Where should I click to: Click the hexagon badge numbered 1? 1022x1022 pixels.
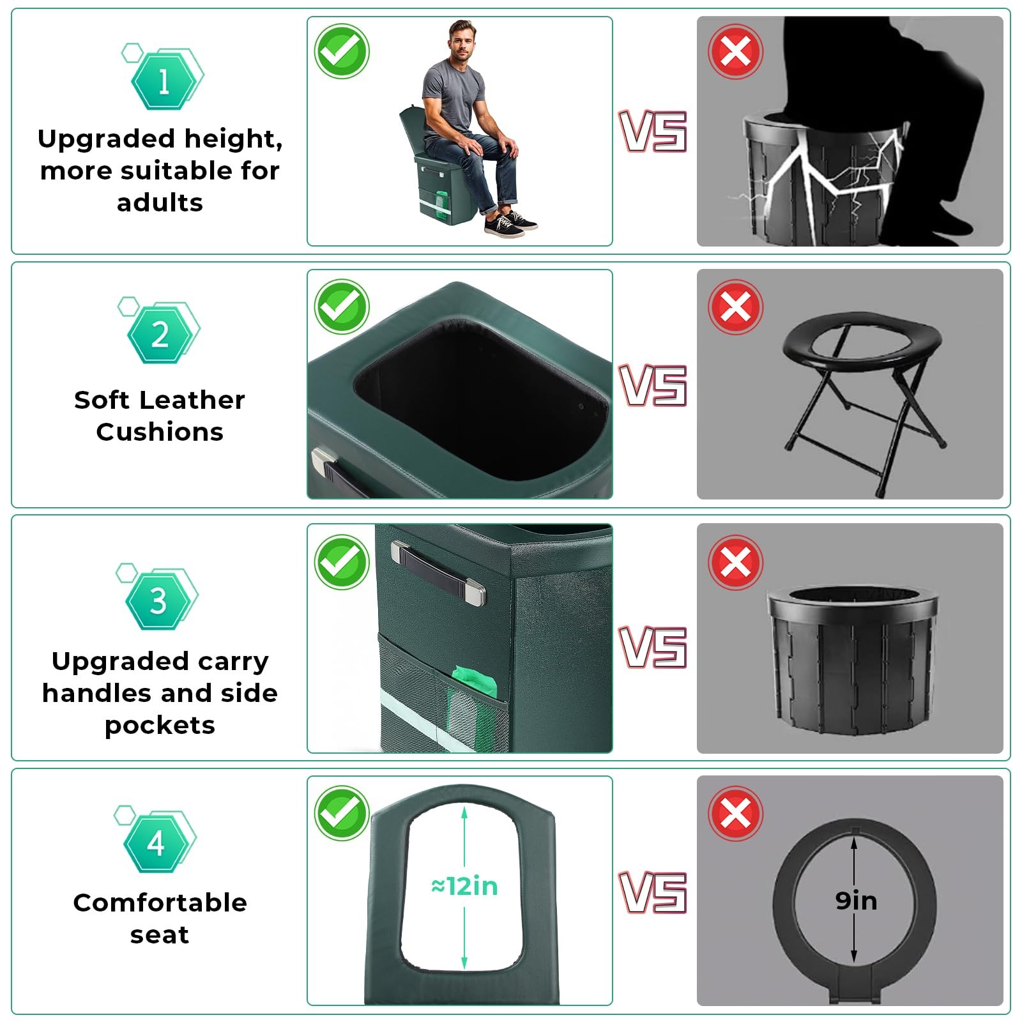164,80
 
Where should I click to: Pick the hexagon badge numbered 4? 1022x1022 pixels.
156,844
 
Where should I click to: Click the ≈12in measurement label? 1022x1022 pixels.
464,886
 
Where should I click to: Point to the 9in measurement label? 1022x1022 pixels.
856,901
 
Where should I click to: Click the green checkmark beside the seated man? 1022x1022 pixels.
342,51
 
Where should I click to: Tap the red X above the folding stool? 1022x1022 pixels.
735,307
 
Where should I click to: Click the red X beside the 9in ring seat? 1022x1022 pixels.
735,814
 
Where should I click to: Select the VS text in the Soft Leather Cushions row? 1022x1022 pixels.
653,385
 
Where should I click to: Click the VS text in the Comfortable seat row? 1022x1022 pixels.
653,892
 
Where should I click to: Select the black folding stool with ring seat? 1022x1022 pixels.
864,402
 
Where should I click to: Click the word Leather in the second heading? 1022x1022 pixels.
191,400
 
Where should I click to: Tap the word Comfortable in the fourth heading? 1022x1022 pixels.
160,903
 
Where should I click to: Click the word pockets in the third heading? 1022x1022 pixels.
160,725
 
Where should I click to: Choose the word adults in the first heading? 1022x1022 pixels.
160,202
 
